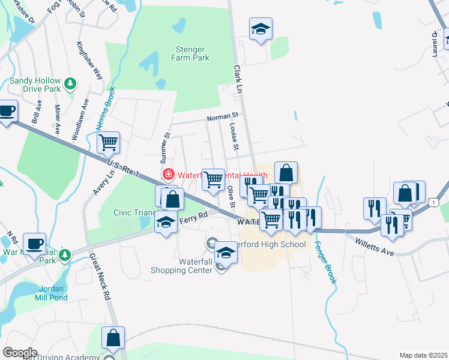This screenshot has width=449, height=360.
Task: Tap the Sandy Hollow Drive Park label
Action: point(35,85)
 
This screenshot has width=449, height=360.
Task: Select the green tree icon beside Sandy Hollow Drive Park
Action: point(71,83)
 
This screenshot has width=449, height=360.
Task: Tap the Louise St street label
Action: point(235,137)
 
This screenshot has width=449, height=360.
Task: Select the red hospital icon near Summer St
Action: point(169,175)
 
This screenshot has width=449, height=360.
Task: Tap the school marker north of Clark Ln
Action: point(261,29)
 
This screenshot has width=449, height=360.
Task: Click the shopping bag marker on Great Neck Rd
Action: point(113,338)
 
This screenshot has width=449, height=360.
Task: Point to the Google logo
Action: point(20,353)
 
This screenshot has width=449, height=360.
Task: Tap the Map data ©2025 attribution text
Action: point(423,355)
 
